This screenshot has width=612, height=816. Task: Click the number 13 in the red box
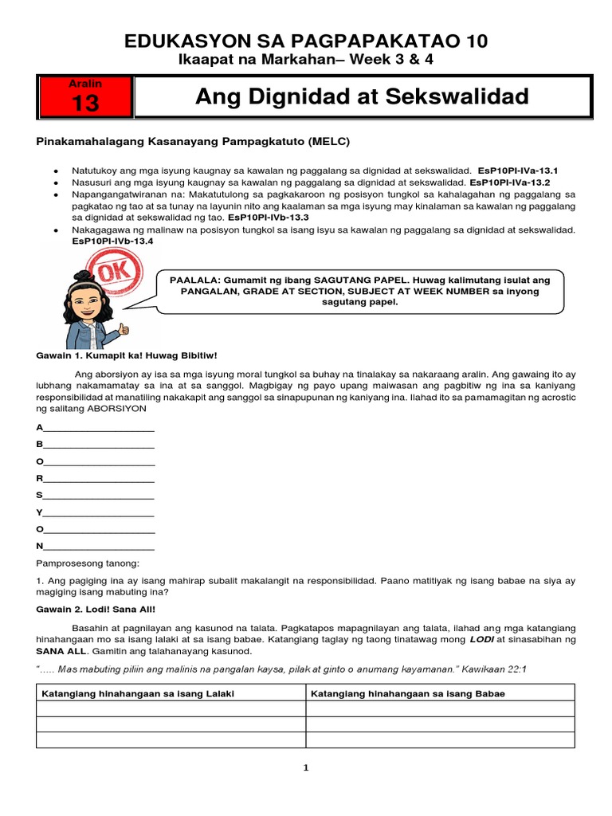click(84, 103)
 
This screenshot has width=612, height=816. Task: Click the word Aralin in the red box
click(84, 83)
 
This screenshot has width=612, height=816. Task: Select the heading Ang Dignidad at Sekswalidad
click(362, 97)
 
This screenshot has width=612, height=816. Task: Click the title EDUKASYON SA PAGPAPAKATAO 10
click(306, 41)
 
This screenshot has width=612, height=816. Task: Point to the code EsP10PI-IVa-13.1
click(519, 171)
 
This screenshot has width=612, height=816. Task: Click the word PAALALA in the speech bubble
click(194, 280)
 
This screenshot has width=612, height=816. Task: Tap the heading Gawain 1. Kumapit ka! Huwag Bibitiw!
click(127, 355)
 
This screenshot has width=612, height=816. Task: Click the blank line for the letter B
click(99, 445)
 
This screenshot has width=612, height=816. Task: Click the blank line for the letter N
click(99, 547)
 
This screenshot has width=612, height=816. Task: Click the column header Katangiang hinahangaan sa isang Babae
click(408, 693)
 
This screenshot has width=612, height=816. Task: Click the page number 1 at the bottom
click(305, 768)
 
